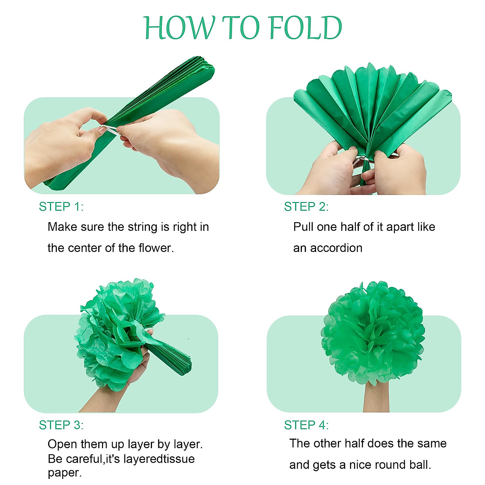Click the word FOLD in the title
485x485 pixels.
(x=305, y=28)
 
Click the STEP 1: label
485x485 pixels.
(x=61, y=207)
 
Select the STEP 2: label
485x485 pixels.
(x=306, y=207)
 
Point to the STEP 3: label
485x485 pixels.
(x=61, y=425)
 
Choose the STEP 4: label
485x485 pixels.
(x=306, y=425)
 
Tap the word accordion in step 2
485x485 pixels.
(x=336, y=248)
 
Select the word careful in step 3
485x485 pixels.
(x=83, y=459)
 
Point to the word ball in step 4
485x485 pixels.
(x=419, y=465)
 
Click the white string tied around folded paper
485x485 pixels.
(x=110, y=129)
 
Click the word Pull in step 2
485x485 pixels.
(x=303, y=227)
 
